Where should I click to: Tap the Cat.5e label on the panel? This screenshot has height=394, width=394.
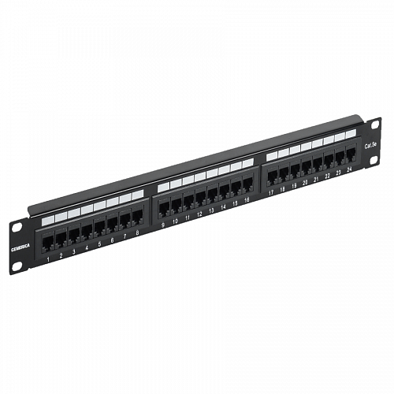pyautogui.click(x=368, y=145)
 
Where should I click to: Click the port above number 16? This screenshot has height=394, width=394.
pyautogui.click(x=247, y=186)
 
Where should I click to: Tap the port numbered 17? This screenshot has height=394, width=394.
pyautogui.click(x=271, y=179)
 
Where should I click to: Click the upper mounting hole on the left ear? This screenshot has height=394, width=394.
pyautogui.click(x=15, y=227)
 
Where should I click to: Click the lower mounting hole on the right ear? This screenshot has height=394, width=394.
pyautogui.click(x=374, y=163)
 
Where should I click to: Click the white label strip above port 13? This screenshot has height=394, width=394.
pyautogui.click(x=211, y=173)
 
